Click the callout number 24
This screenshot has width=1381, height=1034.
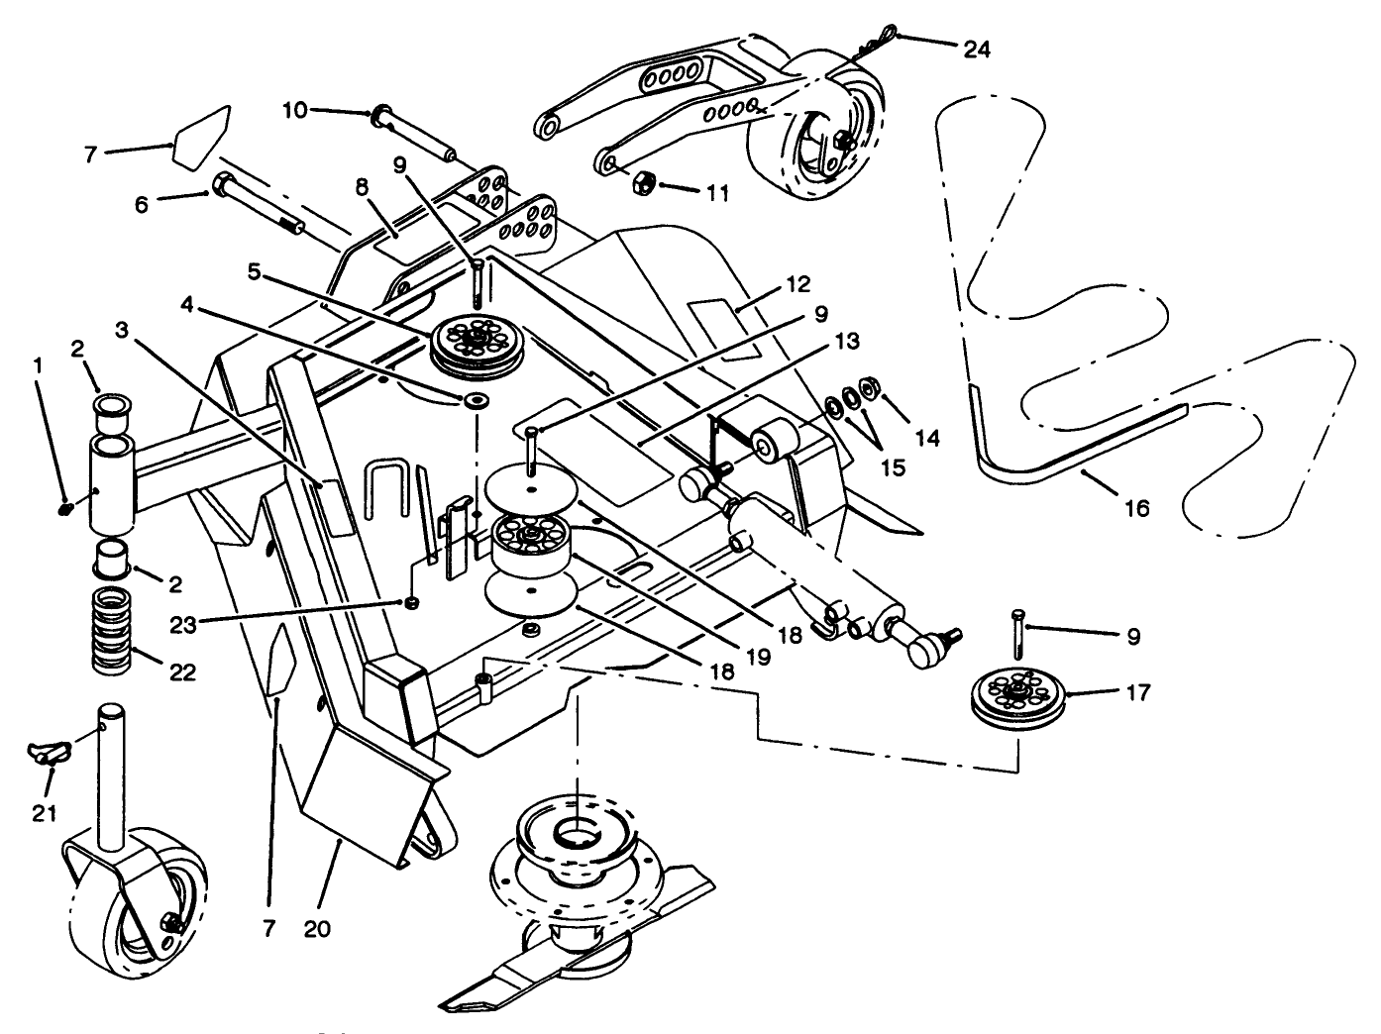tap(976, 48)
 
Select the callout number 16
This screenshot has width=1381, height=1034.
tap(1137, 508)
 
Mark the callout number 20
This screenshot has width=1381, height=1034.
tap(317, 929)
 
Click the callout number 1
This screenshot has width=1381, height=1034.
tap(38, 365)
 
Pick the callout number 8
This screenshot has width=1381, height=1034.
tap(361, 186)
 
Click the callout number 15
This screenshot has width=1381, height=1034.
tap(893, 466)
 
